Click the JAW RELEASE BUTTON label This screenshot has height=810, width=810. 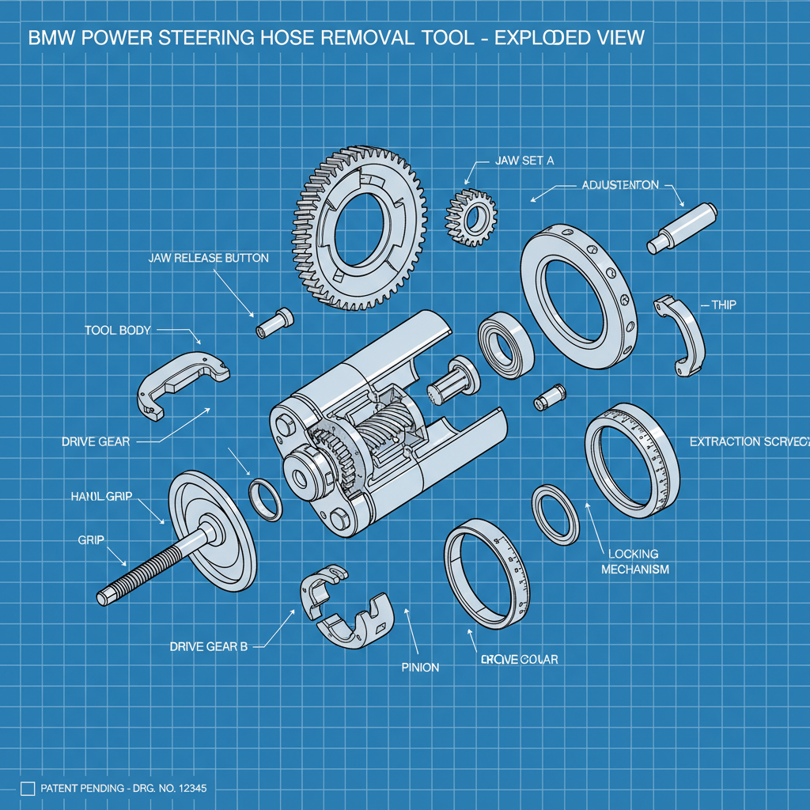click(x=208, y=258)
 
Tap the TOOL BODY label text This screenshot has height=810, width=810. click(x=117, y=330)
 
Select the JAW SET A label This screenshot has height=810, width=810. click(x=524, y=160)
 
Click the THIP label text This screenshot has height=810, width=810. click(x=724, y=305)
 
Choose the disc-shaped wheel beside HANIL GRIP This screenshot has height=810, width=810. click(x=212, y=530)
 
